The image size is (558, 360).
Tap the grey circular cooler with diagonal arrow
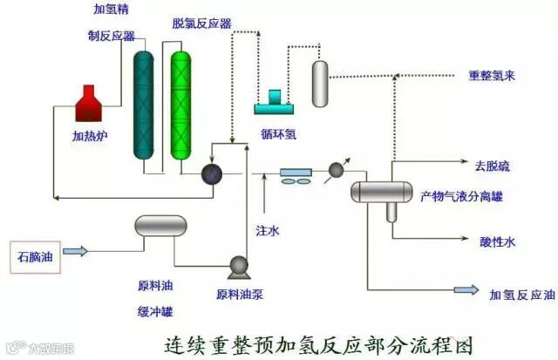click(335, 173)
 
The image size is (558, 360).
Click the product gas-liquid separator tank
click(381, 191)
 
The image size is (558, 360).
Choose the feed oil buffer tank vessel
click(161, 227)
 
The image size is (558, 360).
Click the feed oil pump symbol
click(235, 267)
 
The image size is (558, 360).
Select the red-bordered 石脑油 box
click(35, 256)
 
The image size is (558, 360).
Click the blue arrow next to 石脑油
click(76, 252)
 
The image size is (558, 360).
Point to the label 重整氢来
click(492, 76)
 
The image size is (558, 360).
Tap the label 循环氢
click(278, 133)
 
